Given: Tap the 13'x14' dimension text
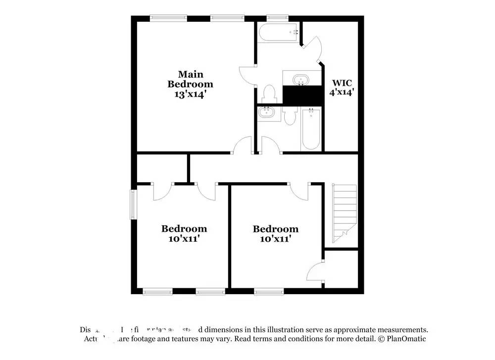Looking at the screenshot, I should (190, 94).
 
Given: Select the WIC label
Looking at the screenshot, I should (342, 83).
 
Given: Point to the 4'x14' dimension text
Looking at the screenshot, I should (342, 92).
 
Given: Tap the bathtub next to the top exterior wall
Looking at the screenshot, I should (278, 33).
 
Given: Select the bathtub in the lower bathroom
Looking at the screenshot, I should (311, 129).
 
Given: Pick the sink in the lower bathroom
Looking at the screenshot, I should (267, 113).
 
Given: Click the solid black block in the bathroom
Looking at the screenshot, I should (302, 95).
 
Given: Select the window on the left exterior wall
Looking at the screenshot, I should (133, 204).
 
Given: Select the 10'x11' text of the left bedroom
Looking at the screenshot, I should (184, 239).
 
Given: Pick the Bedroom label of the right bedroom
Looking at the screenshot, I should (276, 229).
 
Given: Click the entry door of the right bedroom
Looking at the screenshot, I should (299, 192).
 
